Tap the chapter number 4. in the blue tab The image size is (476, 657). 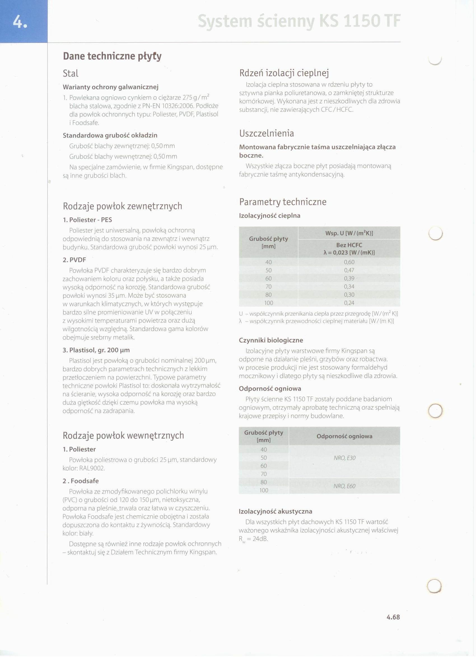(20, 22)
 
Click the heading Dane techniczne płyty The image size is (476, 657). (112, 56)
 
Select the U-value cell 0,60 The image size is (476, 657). (349, 262)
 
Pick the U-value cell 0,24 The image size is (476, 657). (349, 303)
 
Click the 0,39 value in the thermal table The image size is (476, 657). (349, 278)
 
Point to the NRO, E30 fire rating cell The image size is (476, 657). (344, 458)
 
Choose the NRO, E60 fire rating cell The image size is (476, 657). (344, 486)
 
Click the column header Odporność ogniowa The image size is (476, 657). (344, 436)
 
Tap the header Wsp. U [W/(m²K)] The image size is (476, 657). (349, 233)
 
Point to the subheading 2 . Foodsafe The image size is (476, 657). (81, 481)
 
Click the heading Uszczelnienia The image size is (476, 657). (266, 133)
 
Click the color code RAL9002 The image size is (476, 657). (92, 469)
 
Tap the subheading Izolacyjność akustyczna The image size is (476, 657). (275, 511)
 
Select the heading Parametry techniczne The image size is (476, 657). (283, 202)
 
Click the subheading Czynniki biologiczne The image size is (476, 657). (270, 340)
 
